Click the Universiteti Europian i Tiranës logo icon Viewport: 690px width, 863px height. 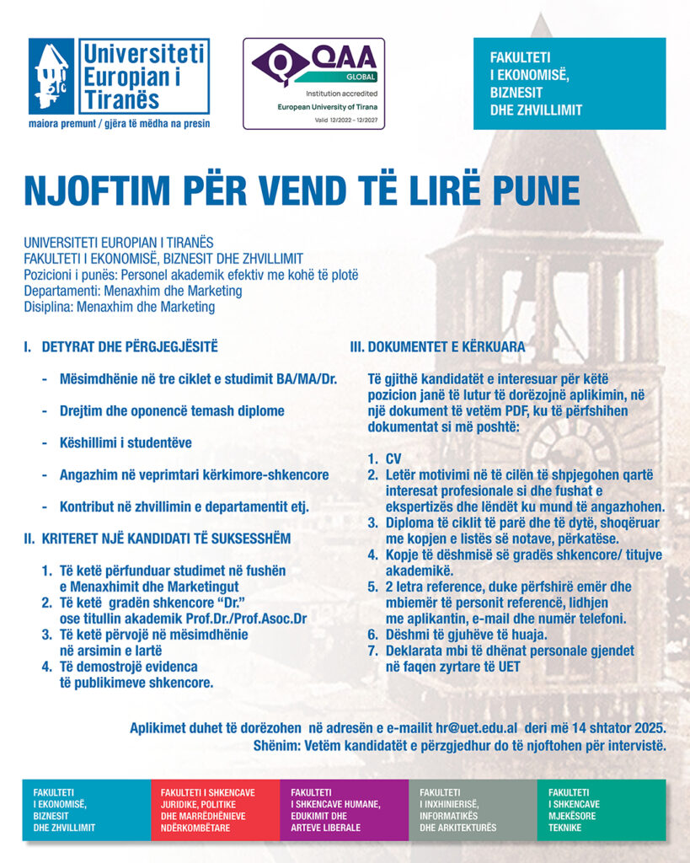(51, 77)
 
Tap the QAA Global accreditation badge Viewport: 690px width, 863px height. (313, 83)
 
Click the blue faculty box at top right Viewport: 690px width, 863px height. (569, 83)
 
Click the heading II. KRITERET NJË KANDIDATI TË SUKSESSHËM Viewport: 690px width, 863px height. (157, 539)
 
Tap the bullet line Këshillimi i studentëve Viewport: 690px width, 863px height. (126, 442)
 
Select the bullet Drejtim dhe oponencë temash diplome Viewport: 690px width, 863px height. (172, 410)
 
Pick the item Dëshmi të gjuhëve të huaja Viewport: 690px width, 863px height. (467, 635)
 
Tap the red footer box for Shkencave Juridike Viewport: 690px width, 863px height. (215, 810)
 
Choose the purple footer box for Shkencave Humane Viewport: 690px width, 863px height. (344, 810)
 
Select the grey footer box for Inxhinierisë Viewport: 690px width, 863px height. (473, 810)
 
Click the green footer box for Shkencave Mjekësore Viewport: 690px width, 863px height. (601, 810)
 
